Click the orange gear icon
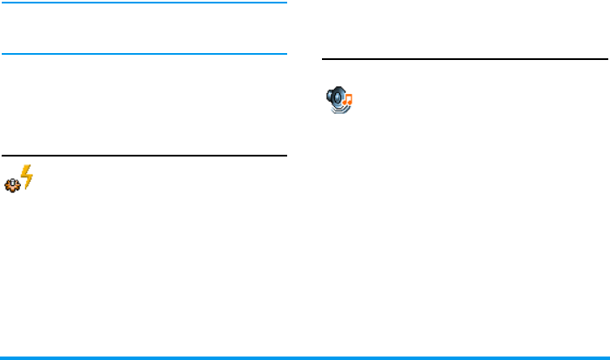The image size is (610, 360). (12, 186)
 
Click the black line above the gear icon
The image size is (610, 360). (144, 157)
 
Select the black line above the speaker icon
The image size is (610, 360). (465, 59)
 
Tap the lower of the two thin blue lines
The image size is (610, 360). (144, 53)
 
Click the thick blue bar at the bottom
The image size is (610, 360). (305, 357)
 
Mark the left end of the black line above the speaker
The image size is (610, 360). (324, 59)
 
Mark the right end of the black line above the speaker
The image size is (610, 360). (606, 59)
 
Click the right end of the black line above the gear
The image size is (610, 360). (285, 157)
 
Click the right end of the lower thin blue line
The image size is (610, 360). (285, 53)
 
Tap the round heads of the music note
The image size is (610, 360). (345, 103)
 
